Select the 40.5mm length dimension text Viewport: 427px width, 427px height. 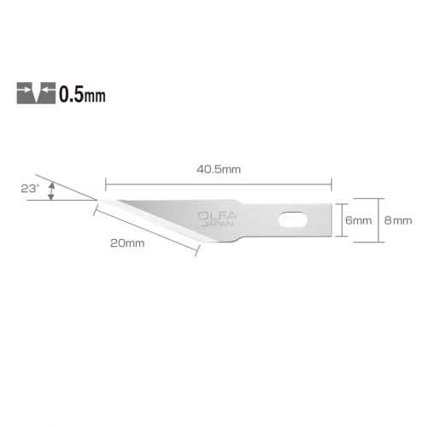[218, 168]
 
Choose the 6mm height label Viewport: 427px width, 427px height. [359, 219]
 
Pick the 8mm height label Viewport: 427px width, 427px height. [397, 219]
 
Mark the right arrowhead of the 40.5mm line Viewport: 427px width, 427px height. [328, 181]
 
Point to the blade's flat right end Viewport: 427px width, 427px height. [330, 219]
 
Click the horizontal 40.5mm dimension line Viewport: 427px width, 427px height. [218, 181]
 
